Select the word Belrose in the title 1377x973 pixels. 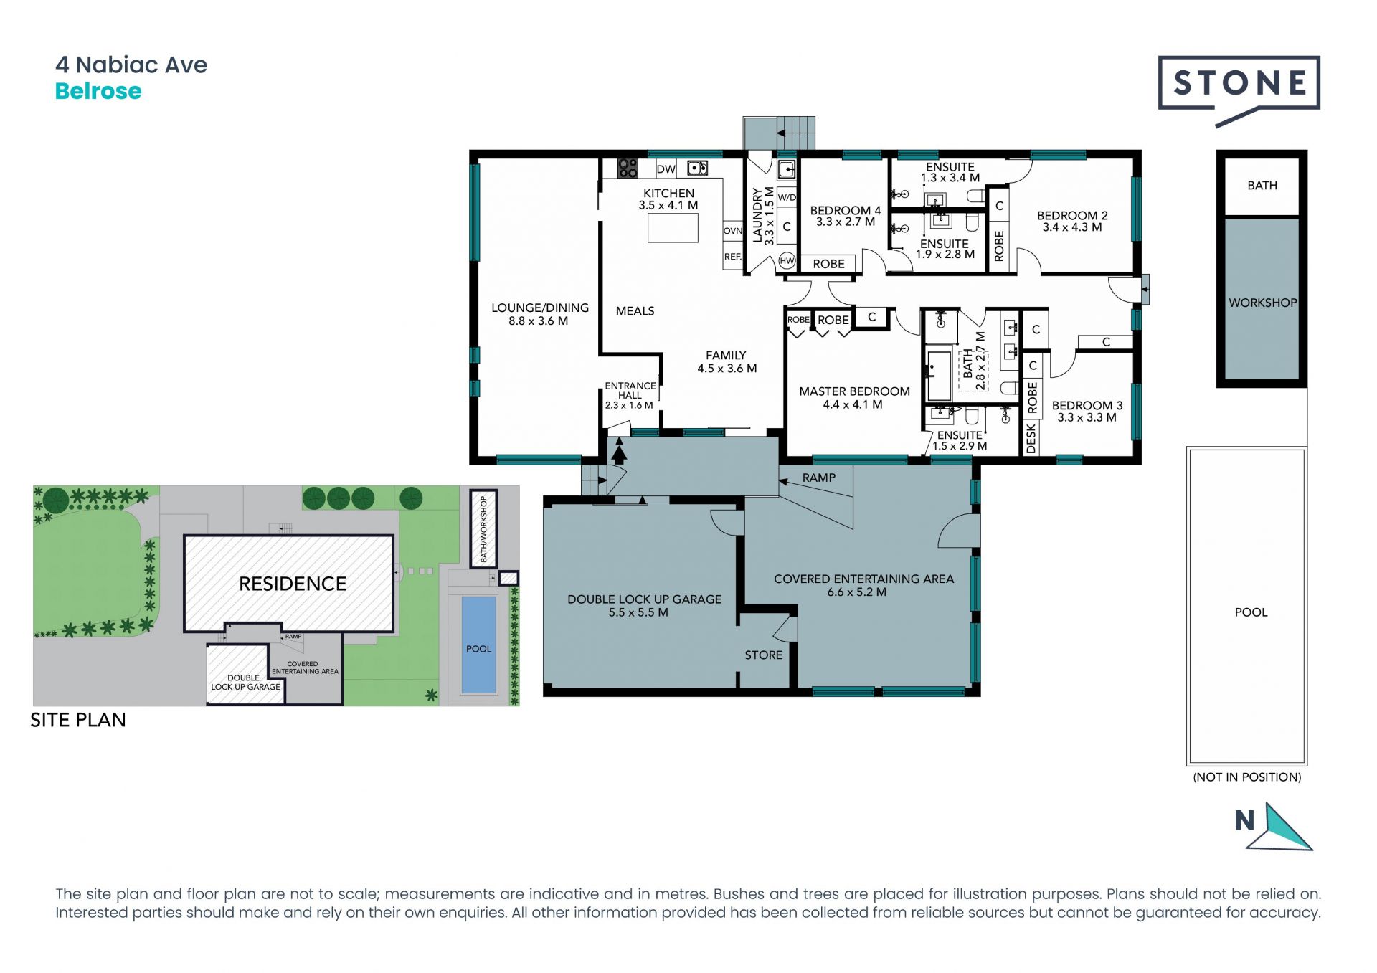[x=98, y=91]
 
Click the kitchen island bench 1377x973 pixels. [x=673, y=228]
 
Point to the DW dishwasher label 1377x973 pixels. [x=666, y=169]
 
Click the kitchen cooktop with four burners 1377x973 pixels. [x=628, y=168]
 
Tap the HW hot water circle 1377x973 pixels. [x=787, y=260]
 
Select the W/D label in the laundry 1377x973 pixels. [x=787, y=197]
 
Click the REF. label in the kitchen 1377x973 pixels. [x=732, y=257]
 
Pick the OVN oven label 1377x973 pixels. [x=733, y=231]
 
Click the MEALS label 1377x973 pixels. [x=635, y=311]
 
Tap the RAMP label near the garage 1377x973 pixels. [x=819, y=478]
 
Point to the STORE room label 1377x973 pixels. [x=763, y=655]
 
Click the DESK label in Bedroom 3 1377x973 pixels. [x=1031, y=438]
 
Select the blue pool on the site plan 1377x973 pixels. [x=479, y=645]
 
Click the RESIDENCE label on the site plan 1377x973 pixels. [x=293, y=584]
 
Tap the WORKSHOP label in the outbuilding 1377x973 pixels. [x=1262, y=303]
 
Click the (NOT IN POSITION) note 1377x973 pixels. [x=1247, y=777]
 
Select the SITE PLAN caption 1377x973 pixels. [x=78, y=720]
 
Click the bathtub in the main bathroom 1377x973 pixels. [x=939, y=375]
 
